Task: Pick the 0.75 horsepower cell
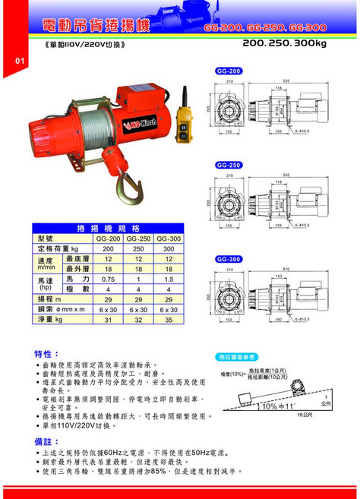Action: click(x=108, y=279)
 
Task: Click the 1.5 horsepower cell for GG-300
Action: click(x=168, y=279)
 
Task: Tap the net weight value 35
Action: click(x=168, y=320)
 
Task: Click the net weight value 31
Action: click(x=108, y=320)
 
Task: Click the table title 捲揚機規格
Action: click(x=109, y=227)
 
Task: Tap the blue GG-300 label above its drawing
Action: click(x=229, y=259)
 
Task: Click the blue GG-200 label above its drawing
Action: click(x=229, y=70)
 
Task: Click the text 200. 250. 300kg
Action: click(x=285, y=45)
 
